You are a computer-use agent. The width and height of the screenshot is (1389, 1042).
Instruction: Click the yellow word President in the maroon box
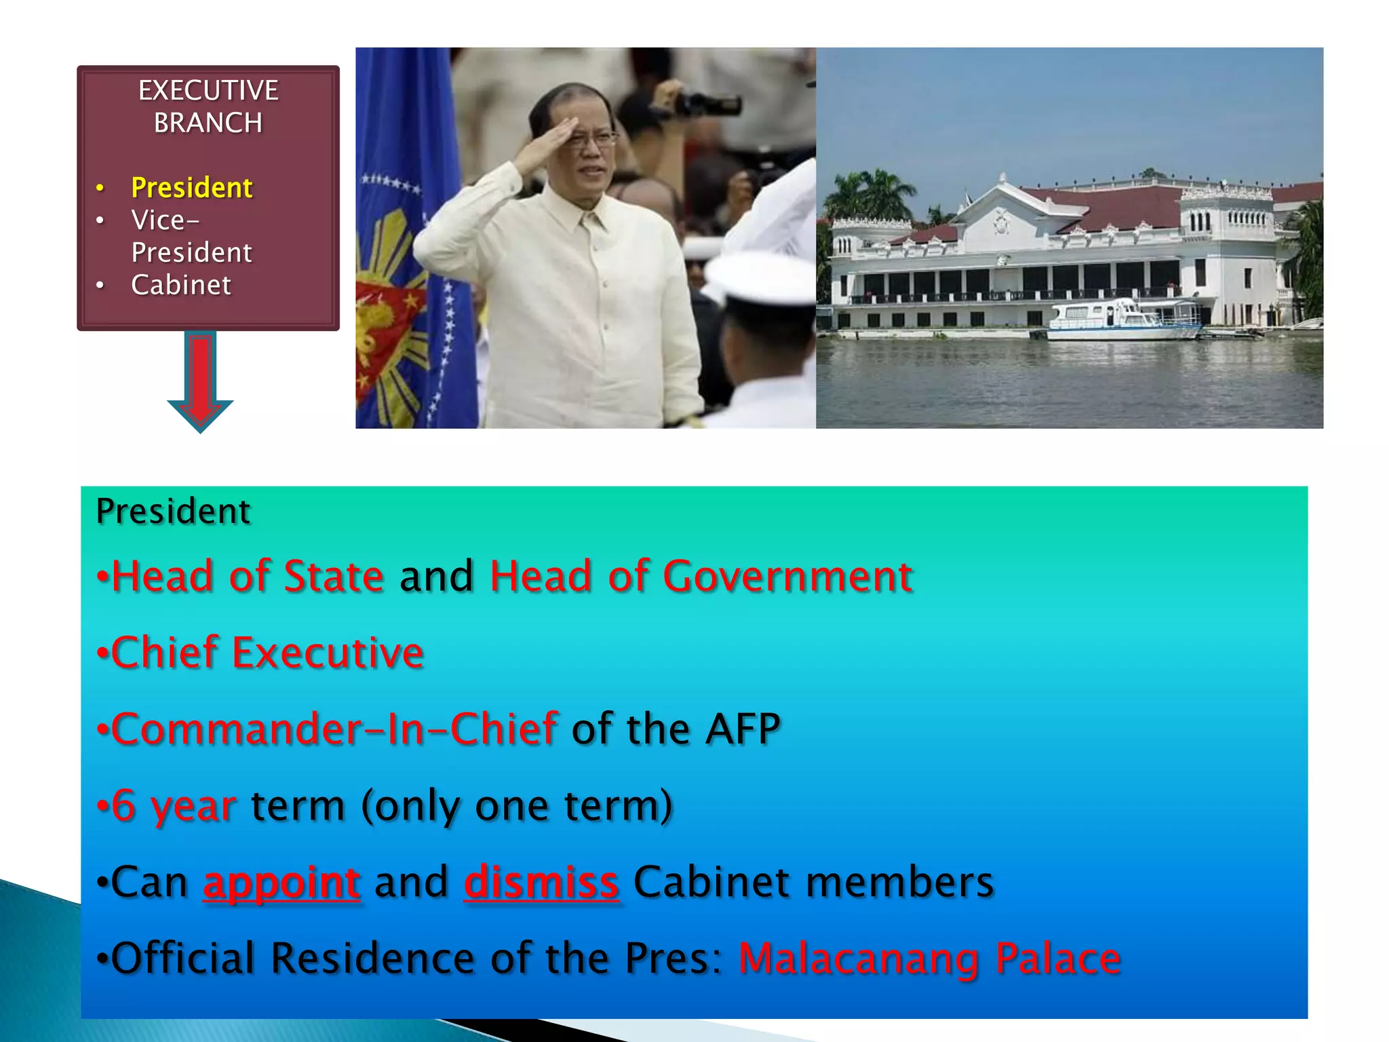191,188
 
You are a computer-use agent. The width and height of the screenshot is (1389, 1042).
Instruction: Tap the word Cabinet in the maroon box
181,285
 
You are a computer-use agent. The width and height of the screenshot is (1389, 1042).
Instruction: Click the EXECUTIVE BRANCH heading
208,107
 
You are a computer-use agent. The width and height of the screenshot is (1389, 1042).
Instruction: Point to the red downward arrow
200,380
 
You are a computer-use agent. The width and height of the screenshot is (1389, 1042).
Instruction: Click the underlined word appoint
281,882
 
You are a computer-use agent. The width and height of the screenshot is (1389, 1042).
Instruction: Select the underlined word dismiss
541,882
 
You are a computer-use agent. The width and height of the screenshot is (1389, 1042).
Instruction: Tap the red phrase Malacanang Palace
929,959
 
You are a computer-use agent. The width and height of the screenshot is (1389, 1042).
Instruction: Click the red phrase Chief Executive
267,653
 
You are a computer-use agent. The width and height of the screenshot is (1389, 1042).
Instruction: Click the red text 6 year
173,806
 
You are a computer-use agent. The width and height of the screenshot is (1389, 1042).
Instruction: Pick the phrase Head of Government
701,577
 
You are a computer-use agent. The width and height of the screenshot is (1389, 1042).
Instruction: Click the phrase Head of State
248,577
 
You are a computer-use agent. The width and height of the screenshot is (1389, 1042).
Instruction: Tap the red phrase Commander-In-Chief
334,729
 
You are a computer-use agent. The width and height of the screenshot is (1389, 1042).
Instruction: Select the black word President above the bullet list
173,512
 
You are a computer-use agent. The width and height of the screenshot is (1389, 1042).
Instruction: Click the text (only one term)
517,806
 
